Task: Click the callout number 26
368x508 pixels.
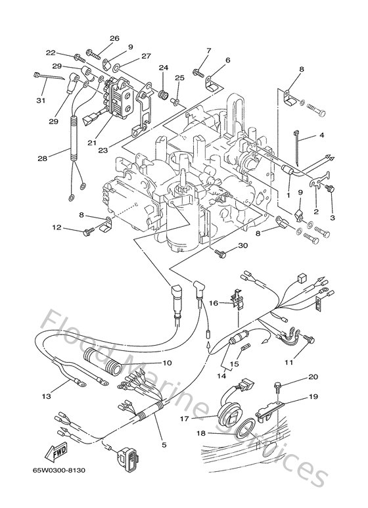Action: [x=114, y=38]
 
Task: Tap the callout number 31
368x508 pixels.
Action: [x=41, y=100]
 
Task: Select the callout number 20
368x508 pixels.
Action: [x=312, y=377]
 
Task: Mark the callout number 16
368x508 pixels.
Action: [x=214, y=303]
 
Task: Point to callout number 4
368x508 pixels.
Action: [x=322, y=135]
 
